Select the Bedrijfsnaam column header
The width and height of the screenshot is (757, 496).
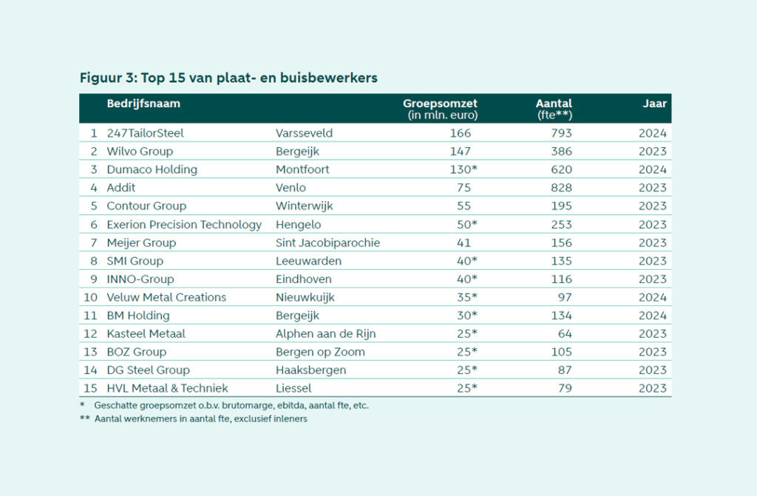click(x=143, y=103)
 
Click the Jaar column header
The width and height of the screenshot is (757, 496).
click(x=654, y=103)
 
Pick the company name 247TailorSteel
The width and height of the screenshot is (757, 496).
click(x=145, y=133)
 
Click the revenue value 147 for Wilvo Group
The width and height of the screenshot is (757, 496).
click(x=460, y=152)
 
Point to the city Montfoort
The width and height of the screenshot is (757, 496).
click(x=302, y=169)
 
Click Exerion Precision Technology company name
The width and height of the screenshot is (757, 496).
click(x=184, y=224)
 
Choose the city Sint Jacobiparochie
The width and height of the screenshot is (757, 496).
click(x=327, y=242)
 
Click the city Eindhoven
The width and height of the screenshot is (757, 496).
click(x=303, y=279)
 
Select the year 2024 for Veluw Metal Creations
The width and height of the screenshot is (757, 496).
click(x=653, y=297)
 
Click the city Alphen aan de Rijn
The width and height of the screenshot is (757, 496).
click(x=325, y=333)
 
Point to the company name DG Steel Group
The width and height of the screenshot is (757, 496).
click(x=148, y=370)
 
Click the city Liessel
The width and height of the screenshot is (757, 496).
click(x=293, y=388)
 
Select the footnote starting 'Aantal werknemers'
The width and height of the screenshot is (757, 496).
click(x=200, y=418)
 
